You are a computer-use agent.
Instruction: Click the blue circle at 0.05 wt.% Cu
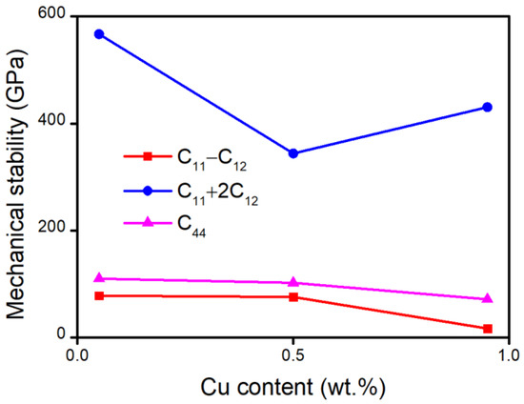pyautogui.click(x=98, y=34)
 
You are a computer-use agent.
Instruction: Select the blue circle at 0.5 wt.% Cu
pyautogui.click(x=293, y=153)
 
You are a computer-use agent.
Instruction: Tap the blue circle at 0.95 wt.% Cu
pyautogui.click(x=488, y=107)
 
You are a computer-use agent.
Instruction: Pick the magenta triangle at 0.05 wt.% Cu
pyautogui.click(x=98, y=278)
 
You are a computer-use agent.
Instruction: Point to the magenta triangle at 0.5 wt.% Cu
pyautogui.click(x=293, y=282)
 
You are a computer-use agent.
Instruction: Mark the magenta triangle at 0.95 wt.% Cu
pyautogui.click(x=488, y=298)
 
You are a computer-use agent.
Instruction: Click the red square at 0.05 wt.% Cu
pyautogui.click(x=98, y=295)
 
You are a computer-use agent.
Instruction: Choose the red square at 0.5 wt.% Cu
pyautogui.click(x=293, y=297)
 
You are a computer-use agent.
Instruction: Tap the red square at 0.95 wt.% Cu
pyautogui.click(x=488, y=329)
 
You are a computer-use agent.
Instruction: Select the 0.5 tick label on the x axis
pyautogui.click(x=293, y=354)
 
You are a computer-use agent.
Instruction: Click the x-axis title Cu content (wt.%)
pyautogui.click(x=293, y=387)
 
